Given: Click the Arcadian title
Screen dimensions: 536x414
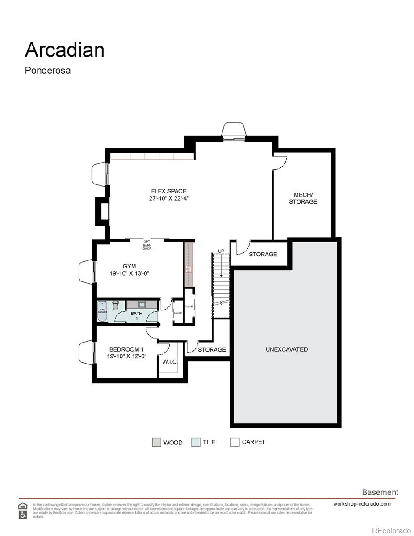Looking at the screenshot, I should click(64, 50).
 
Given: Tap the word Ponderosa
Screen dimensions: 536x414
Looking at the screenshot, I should click(48, 71).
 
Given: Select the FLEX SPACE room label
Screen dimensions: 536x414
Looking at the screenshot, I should click(168, 191).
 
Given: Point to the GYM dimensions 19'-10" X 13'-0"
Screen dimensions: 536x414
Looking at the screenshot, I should click(129, 273).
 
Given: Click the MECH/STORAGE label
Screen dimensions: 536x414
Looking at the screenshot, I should click(303, 198).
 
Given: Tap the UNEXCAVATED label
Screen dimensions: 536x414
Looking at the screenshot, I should click(286, 349).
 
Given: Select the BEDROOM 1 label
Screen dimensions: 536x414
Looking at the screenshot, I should click(126, 349).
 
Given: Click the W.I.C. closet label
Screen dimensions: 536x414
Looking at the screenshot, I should click(169, 361).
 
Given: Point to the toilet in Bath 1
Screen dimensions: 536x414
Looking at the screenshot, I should click(115, 306).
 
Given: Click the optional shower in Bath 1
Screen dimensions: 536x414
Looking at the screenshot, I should click(102, 310).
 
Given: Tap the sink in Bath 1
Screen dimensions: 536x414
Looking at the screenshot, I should click(142, 305).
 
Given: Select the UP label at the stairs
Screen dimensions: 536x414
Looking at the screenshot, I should click(221, 251).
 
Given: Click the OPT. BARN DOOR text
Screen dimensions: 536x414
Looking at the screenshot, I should click(147, 245).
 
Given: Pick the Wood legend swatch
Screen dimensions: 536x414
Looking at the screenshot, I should click(156, 442).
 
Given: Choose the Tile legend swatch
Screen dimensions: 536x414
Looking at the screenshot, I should click(196, 442).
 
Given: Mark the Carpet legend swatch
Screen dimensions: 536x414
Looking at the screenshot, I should click(235, 442).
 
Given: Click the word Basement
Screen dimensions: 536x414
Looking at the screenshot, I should click(380, 492).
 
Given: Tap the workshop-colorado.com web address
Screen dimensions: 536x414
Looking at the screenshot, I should click(362, 504).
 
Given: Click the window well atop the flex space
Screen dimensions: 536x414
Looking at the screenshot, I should click(234, 131).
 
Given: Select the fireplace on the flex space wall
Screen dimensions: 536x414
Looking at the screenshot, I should click(102, 211).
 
